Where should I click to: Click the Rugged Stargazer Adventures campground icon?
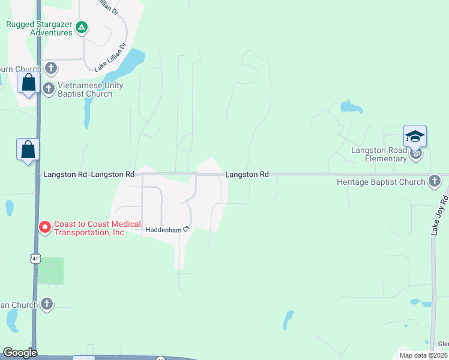[x=82, y=27]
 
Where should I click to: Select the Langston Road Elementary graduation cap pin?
[x=415, y=137]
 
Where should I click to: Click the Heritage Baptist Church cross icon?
[x=435, y=181]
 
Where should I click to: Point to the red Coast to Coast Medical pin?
[x=44, y=227]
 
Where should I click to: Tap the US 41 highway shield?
[x=35, y=258]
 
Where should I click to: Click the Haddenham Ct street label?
[x=167, y=229]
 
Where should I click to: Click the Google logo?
[x=20, y=353]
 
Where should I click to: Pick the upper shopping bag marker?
[x=29, y=83]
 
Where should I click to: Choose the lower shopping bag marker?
[x=28, y=150]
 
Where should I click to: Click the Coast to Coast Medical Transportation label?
[x=89, y=228]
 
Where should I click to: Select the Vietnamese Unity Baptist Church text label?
[x=90, y=89]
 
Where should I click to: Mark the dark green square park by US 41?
[x=50, y=271]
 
